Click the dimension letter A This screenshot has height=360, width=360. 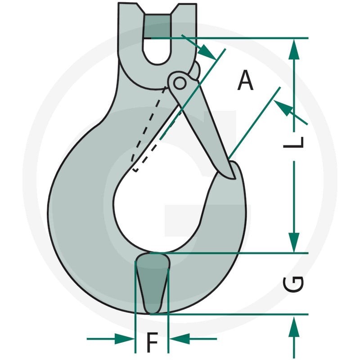pos(245,80)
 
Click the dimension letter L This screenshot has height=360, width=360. pos(294,142)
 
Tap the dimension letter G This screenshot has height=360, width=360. pos(293,285)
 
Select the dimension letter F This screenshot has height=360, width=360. pos(152,342)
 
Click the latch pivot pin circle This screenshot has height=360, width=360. pos(179,83)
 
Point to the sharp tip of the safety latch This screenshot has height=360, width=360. pos(234,178)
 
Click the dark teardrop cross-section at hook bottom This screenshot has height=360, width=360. pos(153,283)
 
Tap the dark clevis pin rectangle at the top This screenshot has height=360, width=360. pos(157,26)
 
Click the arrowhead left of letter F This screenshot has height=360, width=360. pos(124,339)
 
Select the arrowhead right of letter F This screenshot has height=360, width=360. pos(180,339)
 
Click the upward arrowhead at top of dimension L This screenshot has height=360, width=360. pos(294,50)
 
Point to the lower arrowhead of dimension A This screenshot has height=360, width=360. pos(283,108)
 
